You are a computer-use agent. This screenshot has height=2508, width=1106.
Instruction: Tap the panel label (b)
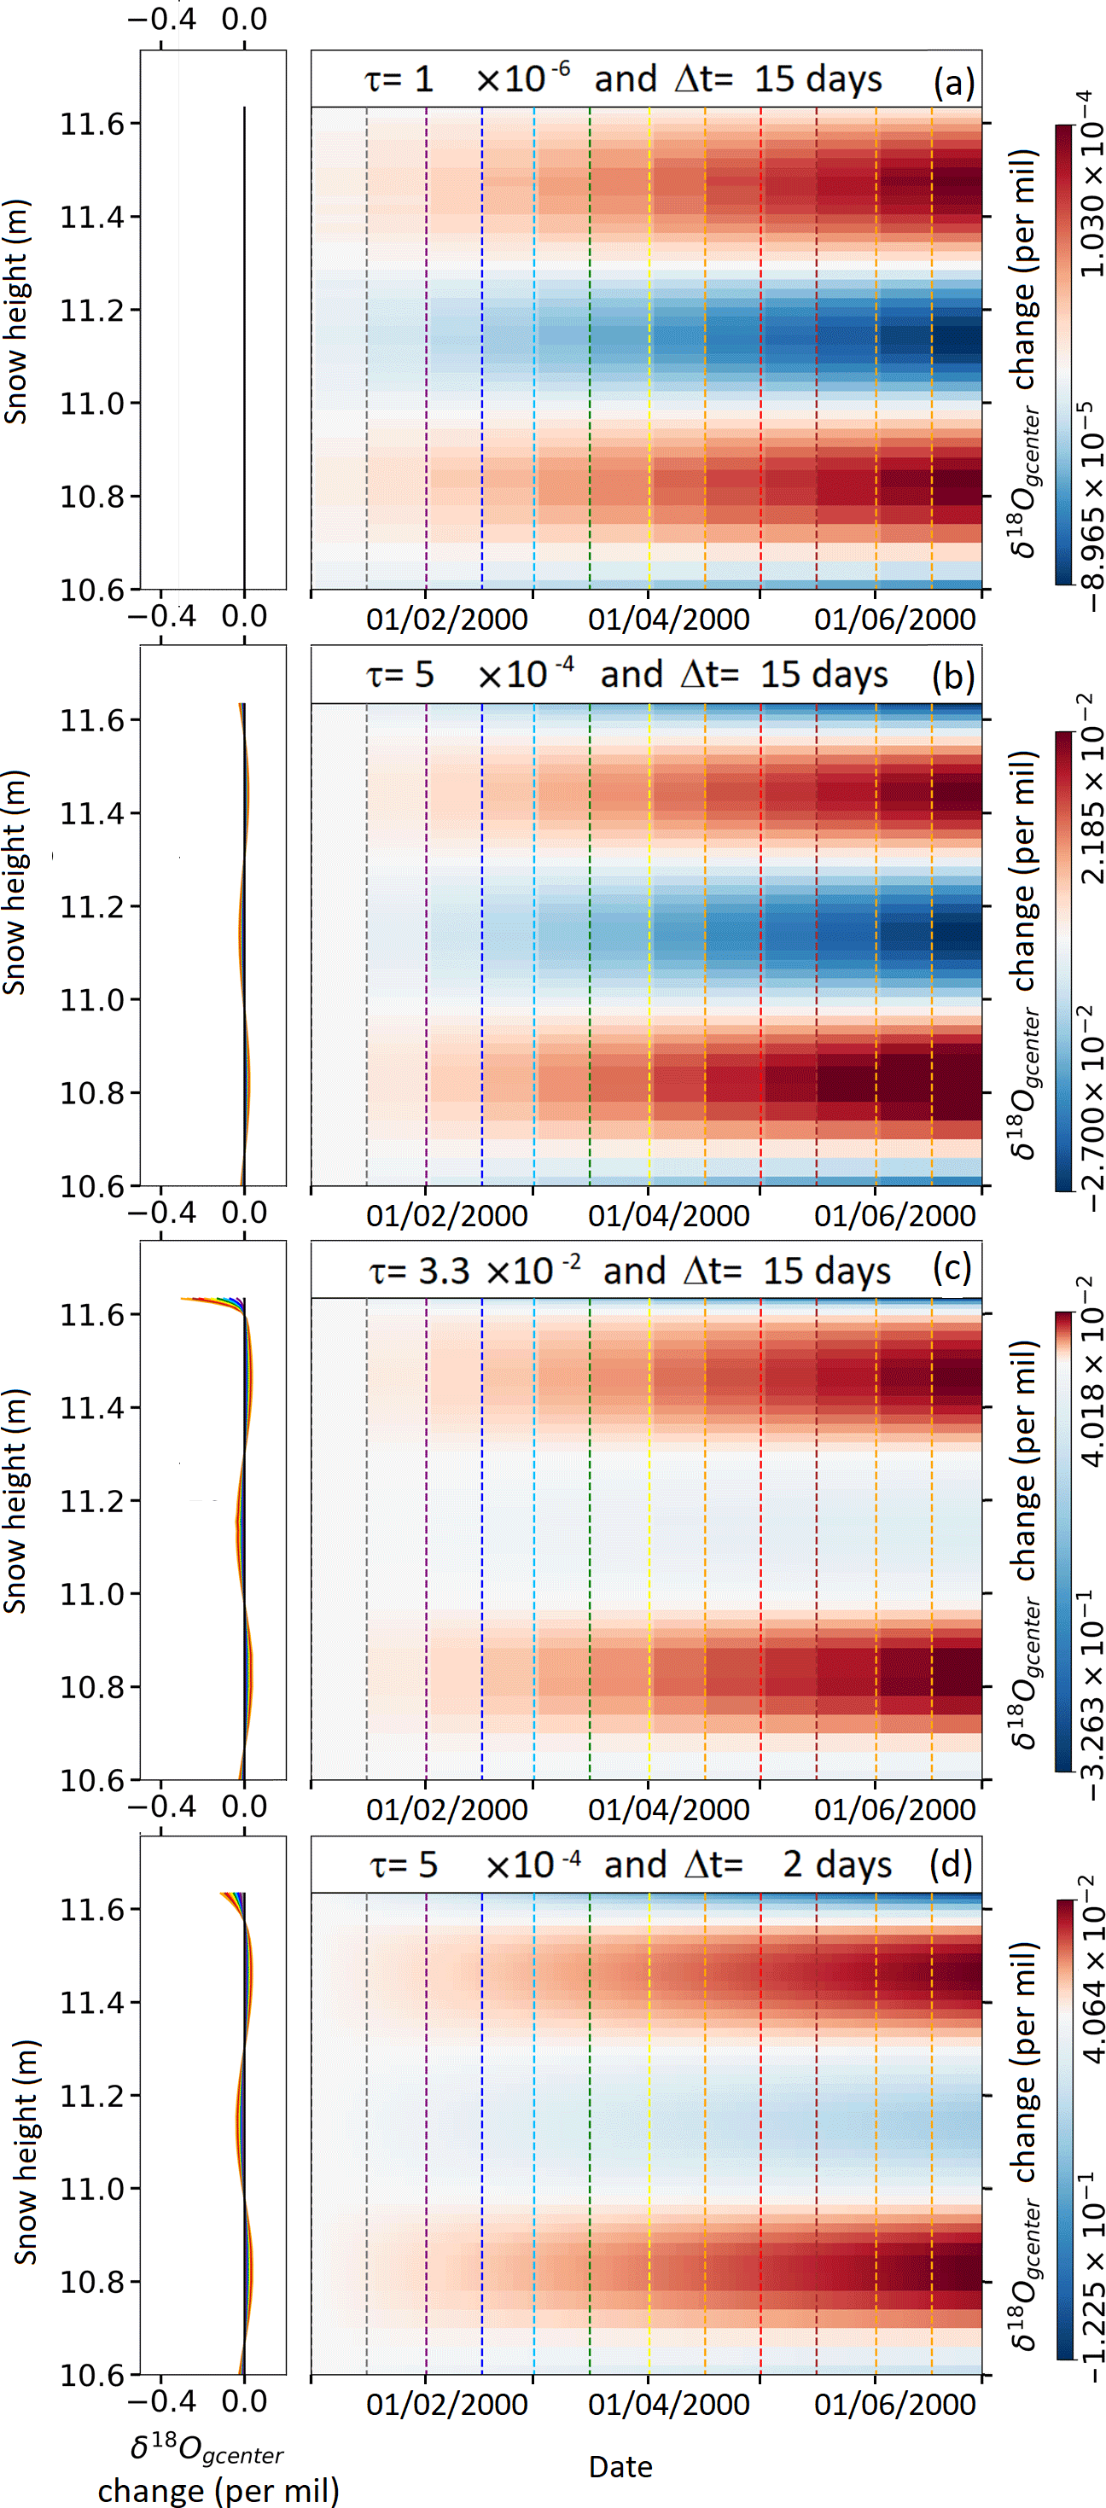tap(952, 678)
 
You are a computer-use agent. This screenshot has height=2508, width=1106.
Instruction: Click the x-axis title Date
tap(621, 2466)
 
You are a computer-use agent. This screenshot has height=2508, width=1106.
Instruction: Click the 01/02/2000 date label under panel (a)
tap(447, 620)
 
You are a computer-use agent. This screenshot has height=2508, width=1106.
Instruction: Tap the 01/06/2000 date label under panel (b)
tap(894, 1215)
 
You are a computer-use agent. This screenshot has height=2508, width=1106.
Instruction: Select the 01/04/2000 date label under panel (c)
tap(669, 1809)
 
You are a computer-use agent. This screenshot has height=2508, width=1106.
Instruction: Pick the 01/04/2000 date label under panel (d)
tap(669, 2404)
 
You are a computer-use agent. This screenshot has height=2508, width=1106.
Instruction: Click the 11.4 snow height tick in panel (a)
tap(94, 217)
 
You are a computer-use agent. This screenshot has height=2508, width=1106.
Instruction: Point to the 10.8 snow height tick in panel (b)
tap(94, 1093)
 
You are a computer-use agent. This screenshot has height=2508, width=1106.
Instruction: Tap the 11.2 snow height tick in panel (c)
tap(94, 1501)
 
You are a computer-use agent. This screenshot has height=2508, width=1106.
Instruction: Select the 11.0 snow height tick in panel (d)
tap(94, 2190)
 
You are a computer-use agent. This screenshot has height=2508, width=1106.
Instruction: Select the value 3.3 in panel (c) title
tap(444, 1271)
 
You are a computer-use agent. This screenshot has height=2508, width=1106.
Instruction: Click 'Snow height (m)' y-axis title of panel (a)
tap(16, 311)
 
